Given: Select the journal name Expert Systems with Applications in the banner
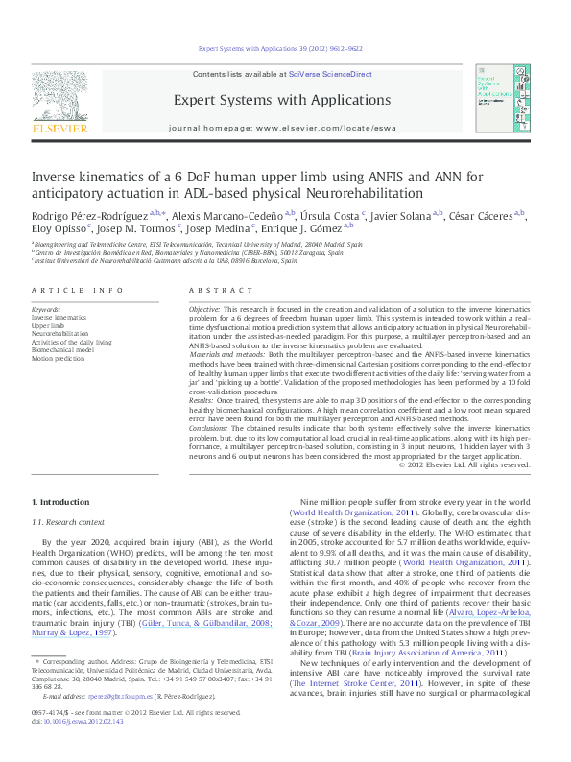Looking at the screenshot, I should click(x=281, y=100).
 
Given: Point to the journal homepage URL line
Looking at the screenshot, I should click(x=281, y=127).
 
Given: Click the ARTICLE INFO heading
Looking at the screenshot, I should click(x=77, y=290).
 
